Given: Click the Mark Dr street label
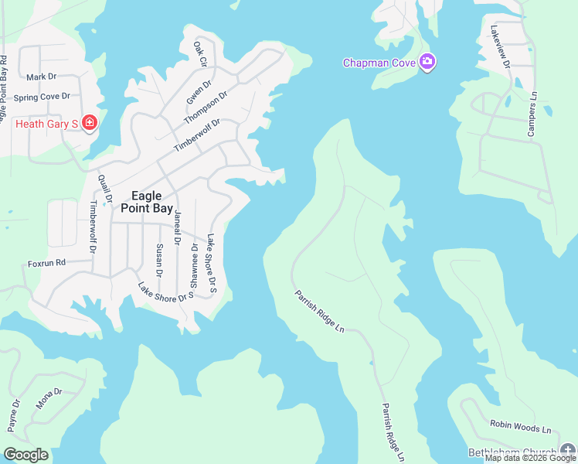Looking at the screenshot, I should (x=42, y=77).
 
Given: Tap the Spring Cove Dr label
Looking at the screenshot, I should (x=42, y=97).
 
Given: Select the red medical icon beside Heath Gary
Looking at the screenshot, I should (x=90, y=123).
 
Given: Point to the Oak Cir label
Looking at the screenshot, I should (x=200, y=52).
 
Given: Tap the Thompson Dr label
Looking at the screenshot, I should (x=206, y=108).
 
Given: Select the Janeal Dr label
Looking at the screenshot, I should (x=178, y=228).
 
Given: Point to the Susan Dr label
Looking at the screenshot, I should (x=159, y=260).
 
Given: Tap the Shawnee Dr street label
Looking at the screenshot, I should (x=194, y=264).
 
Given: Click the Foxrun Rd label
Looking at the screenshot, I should (x=48, y=263).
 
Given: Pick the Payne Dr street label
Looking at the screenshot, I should (x=13, y=415).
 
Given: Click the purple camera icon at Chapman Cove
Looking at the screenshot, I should (x=427, y=62).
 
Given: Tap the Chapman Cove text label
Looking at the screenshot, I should (x=379, y=62).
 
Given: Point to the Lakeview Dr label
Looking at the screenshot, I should (x=500, y=48).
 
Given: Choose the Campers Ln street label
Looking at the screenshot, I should (x=532, y=115).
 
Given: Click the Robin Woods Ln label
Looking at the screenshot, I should (x=520, y=426).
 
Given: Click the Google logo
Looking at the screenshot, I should (x=25, y=455).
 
